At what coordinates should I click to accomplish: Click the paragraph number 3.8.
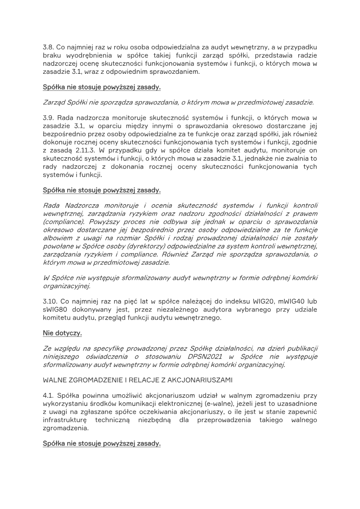tap(49, 47)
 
